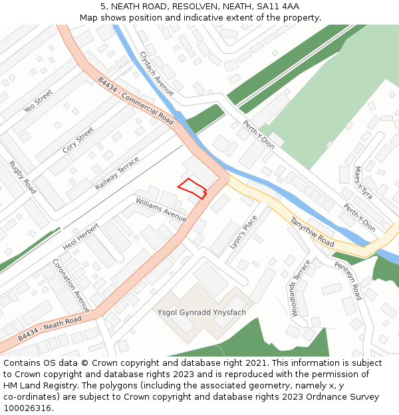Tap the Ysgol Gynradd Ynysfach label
[201, 312]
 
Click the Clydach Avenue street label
[157, 73]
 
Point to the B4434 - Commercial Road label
[136, 101]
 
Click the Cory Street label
[78, 141]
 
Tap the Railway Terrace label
[117, 173]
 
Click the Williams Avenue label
[161, 209]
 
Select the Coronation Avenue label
[70, 286]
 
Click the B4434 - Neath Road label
[50, 329]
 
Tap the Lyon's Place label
[243, 232]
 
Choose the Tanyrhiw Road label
[312, 232]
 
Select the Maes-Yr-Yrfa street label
[363, 183]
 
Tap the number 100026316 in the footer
[28, 408]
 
